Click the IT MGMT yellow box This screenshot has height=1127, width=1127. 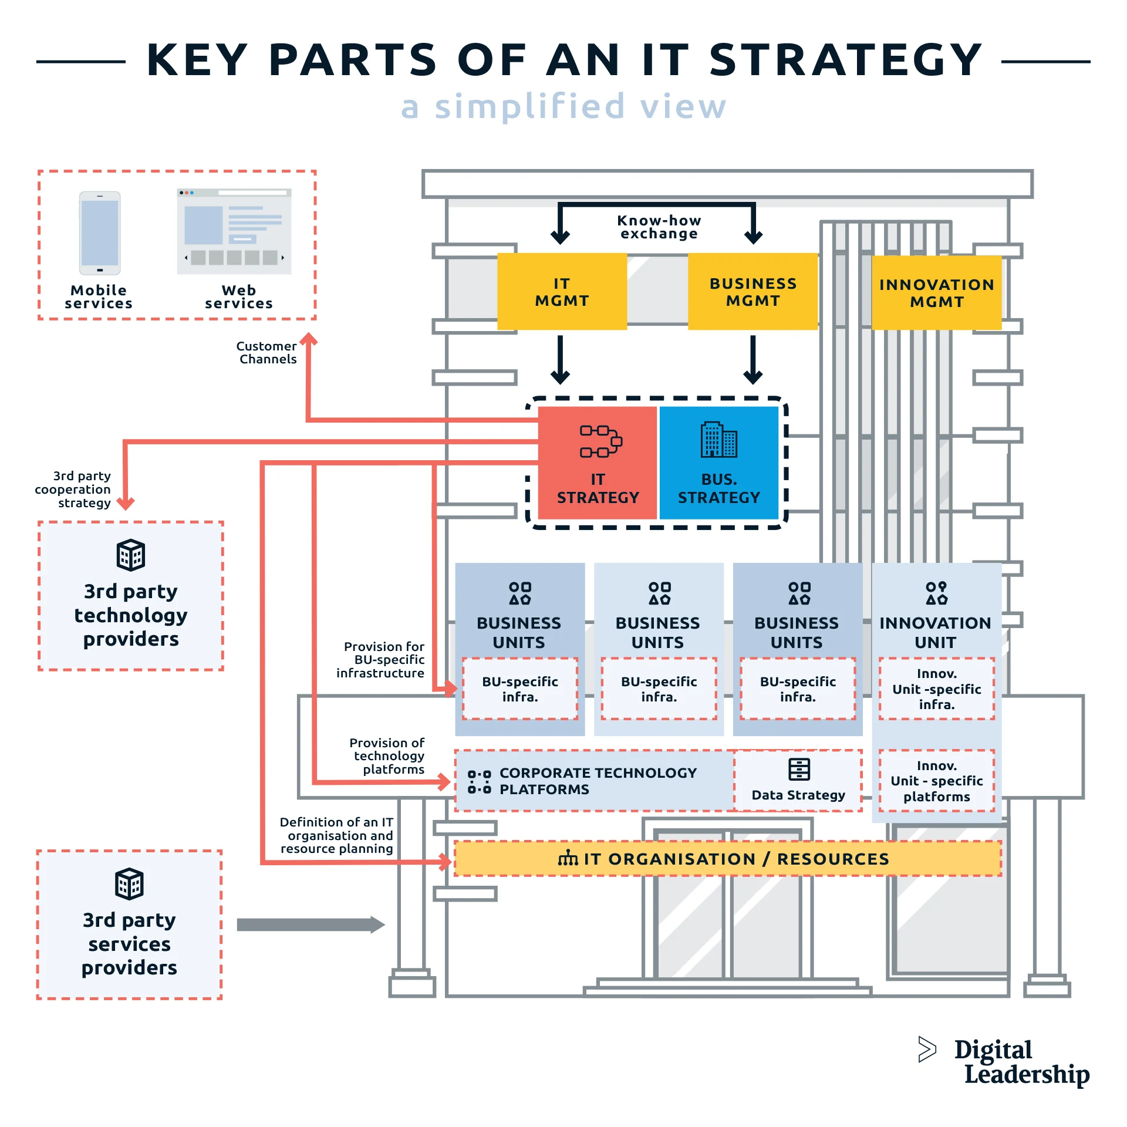[562, 292]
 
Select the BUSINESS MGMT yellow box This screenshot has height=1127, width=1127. [753, 292]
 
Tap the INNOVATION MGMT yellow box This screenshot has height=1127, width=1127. [936, 293]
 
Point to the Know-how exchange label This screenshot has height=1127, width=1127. [659, 227]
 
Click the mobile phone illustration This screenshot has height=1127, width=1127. [100, 233]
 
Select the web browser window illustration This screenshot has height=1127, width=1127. [234, 231]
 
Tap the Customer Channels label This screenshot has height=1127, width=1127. [267, 353]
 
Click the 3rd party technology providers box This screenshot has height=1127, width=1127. [131, 596]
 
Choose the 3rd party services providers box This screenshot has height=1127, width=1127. [129, 924]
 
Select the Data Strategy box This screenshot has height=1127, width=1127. [798, 781]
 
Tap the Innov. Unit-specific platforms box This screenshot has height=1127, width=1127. [936, 781]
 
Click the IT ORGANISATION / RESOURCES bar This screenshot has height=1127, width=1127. [728, 859]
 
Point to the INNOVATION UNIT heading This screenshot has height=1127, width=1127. [935, 632]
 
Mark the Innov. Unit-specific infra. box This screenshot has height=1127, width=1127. [936, 689]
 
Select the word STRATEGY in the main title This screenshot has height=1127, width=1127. [845, 60]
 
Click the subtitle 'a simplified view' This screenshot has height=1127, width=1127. [563, 107]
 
